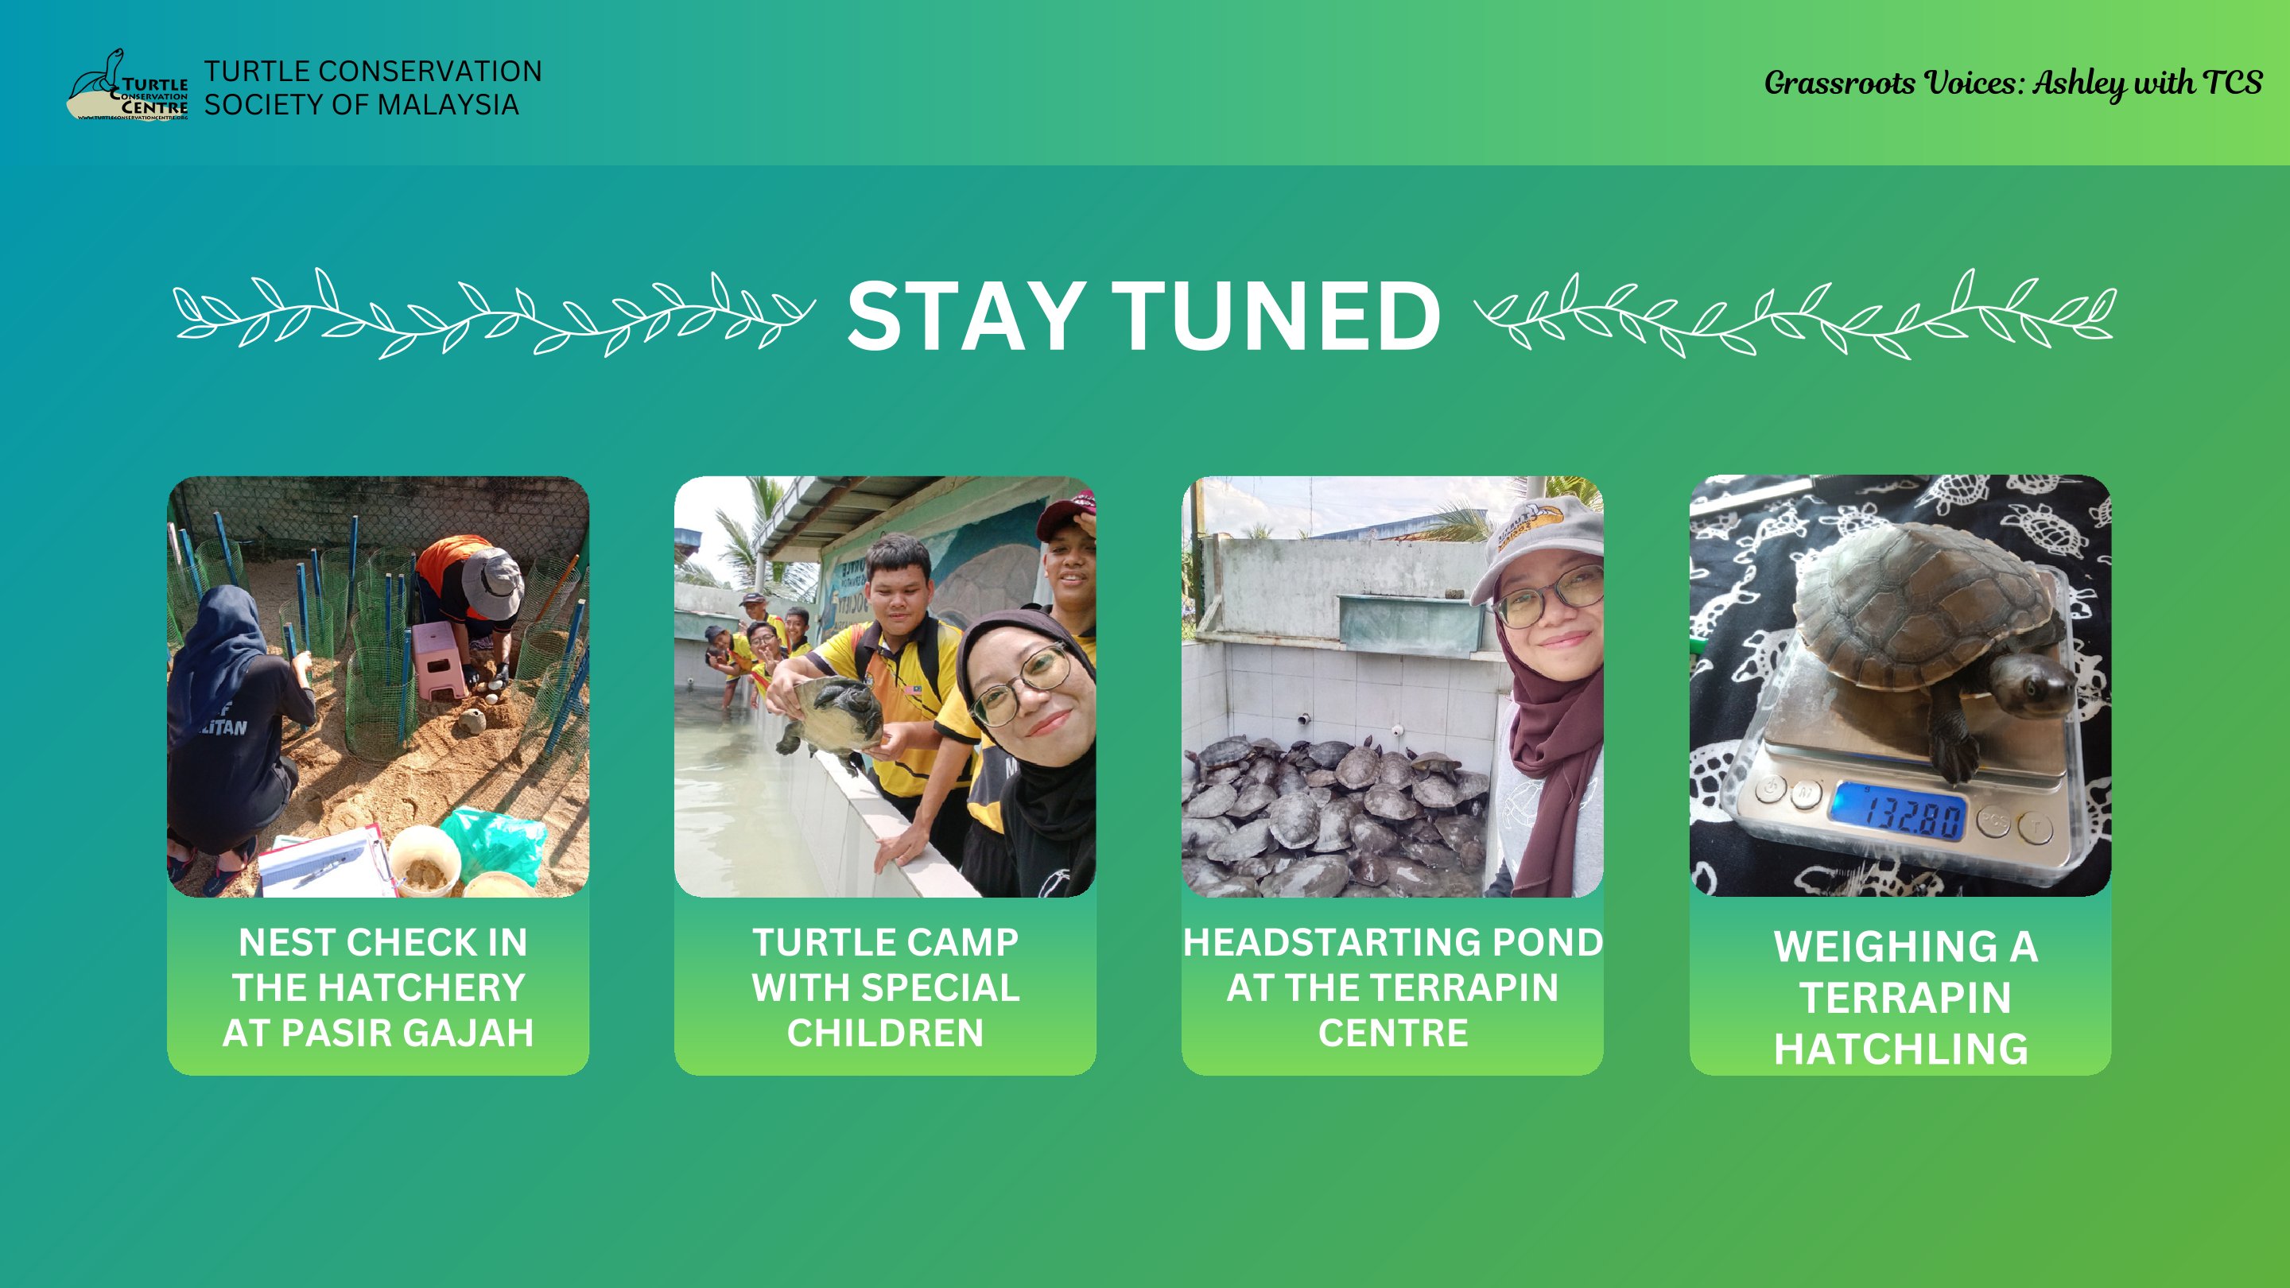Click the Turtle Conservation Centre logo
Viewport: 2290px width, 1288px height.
click(x=128, y=85)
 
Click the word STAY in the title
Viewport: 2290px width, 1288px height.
click(x=965, y=316)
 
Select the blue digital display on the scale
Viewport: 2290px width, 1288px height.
click(x=1897, y=811)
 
